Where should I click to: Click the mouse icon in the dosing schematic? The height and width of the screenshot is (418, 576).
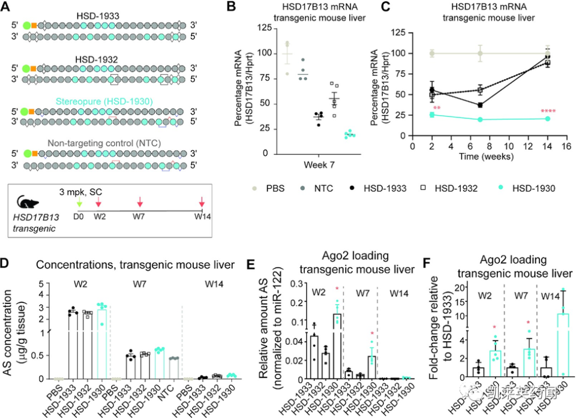pyautogui.click(x=26, y=203)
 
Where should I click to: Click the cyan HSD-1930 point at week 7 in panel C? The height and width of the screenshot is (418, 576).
pyautogui.click(x=480, y=119)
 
